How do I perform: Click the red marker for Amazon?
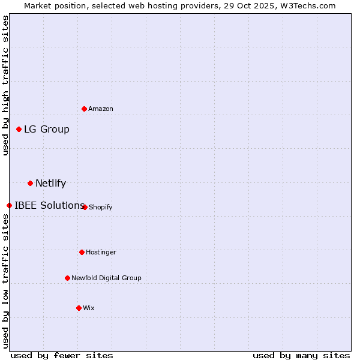[84, 109]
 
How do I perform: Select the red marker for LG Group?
[19, 129]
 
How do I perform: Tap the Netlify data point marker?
[30, 183]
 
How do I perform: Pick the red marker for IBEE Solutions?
[9, 205]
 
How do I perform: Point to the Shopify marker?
[85, 207]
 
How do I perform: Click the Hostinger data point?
[82, 252]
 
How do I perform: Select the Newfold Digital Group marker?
[67, 278]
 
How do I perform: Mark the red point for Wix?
[79, 308]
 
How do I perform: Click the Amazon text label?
[101, 109]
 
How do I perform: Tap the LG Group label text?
[47, 129]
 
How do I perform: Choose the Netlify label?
[51, 183]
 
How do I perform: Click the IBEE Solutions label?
[49, 205]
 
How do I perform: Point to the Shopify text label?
[101, 207]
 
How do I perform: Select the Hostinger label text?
[101, 252]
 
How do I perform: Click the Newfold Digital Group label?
[106, 278]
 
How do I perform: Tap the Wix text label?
[89, 308]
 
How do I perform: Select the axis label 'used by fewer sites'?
[62, 355]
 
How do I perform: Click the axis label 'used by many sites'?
[301, 355]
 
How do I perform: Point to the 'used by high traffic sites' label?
[5, 85]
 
